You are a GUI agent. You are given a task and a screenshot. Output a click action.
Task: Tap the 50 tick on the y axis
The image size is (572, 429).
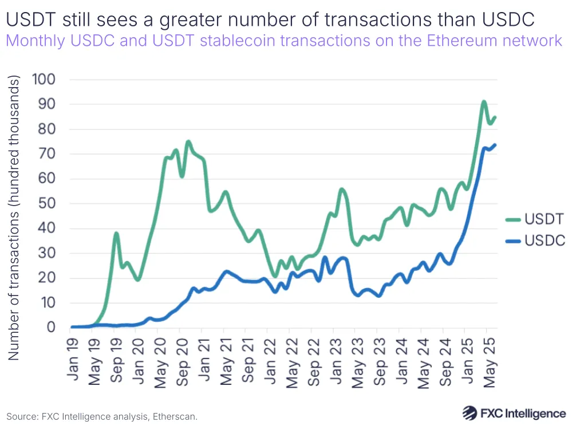pyautogui.click(x=47, y=203)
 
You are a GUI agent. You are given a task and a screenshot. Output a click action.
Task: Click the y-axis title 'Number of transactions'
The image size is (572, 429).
pyautogui.click(x=14, y=218)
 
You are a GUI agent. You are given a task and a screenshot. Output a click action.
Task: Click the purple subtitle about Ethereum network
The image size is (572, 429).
pyautogui.click(x=284, y=41)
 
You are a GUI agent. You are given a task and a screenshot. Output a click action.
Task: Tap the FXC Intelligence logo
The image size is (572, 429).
pyautogui.click(x=514, y=413)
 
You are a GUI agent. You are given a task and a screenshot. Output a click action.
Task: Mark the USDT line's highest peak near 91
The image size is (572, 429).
pyautogui.click(x=484, y=102)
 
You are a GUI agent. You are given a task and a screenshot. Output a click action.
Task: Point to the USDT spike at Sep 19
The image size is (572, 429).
pyautogui.click(x=116, y=234)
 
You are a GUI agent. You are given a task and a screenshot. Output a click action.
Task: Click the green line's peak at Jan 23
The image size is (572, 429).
pyautogui.click(x=342, y=190)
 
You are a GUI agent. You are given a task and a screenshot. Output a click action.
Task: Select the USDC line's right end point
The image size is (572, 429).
pyautogui.click(x=495, y=145)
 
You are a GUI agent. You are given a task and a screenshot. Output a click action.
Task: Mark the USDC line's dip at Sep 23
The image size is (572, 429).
pyautogui.click(x=378, y=296)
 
